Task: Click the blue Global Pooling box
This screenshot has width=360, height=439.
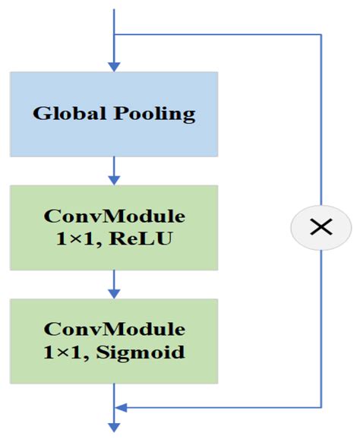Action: [114, 114]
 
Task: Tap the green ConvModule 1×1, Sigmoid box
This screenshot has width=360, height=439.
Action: [114, 341]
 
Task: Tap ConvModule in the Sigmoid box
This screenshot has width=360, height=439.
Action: [114, 329]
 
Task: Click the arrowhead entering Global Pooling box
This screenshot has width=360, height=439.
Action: [114, 66]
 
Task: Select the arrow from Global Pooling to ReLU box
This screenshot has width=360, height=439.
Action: [114, 170]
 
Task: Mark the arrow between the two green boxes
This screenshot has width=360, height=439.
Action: [114, 284]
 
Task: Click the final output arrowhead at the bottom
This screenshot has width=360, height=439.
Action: [114, 427]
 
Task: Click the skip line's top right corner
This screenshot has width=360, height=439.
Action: [321, 34]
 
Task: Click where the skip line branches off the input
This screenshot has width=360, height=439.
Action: [114, 34]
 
